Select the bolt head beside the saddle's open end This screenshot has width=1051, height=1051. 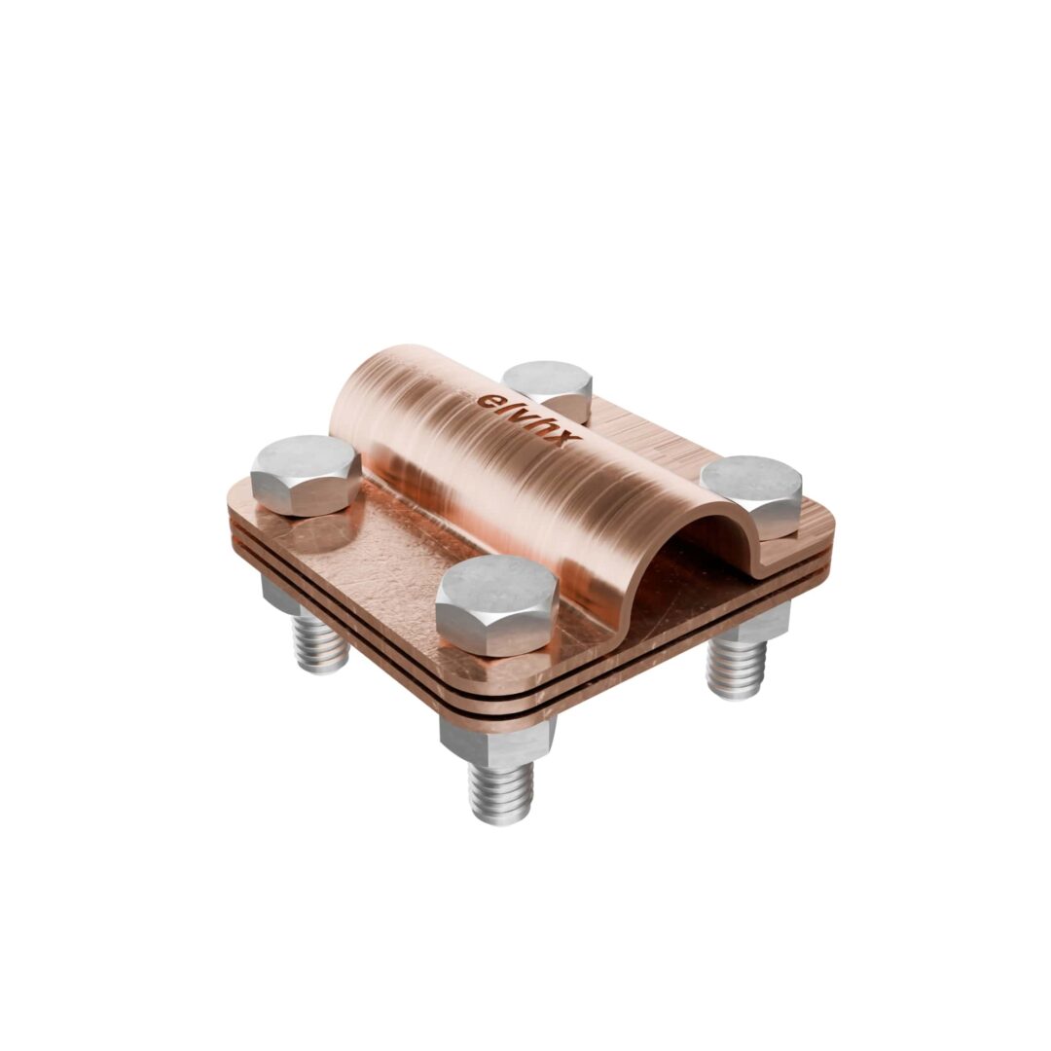click(x=751, y=496)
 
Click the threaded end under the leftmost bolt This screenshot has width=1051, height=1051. click(x=320, y=647)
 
